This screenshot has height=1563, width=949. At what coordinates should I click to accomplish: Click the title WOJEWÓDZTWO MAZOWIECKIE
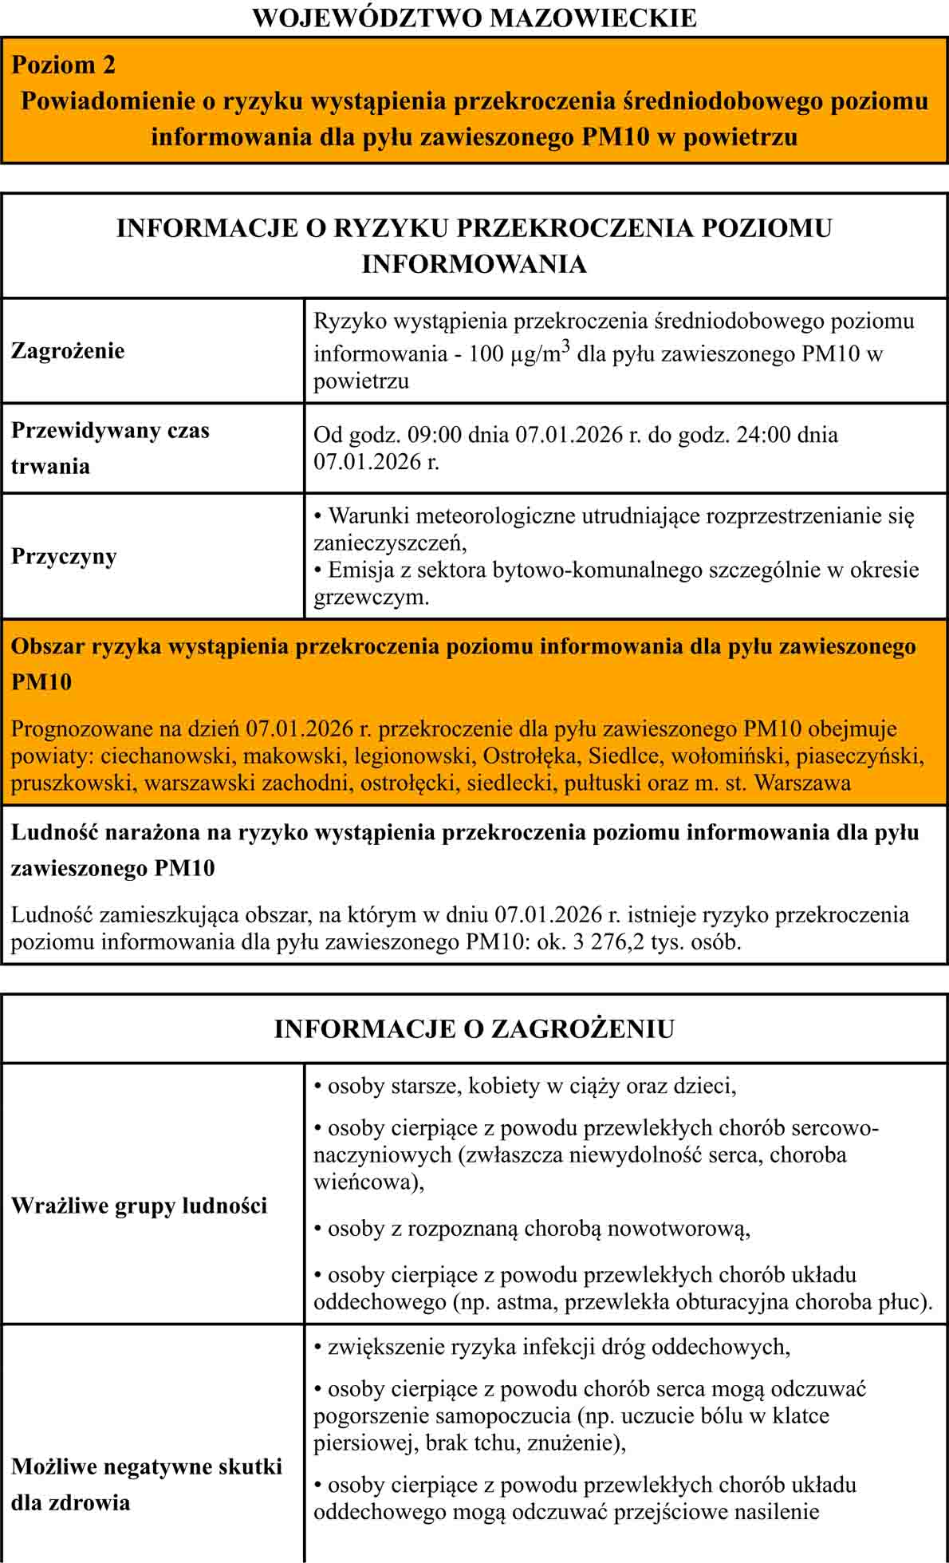pyautogui.click(x=475, y=18)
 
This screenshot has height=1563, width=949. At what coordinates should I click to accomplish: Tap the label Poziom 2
pyautogui.click(x=64, y=65)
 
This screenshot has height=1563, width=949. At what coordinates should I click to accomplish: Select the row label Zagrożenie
pyautogui.click(x=68, y=351)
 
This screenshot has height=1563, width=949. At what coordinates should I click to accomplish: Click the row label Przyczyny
pyautogui.click(x=64, y=556)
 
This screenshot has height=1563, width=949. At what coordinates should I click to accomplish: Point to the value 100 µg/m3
pyautogui.click(x=519, y=353)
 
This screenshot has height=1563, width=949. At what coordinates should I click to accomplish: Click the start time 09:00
pyautogui.click(x=435, y=435)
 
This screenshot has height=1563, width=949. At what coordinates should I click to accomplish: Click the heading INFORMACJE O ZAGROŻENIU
pyautogui.click(x=475, y=1029)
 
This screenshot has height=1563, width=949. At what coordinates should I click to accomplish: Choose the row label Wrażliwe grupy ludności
pyautogui.click(x=139, y=1206)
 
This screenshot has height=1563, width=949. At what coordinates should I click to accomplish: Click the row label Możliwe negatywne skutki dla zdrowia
pyautogui.click(x=147, y=1484)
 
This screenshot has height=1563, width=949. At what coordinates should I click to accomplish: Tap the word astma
pyautogui.click(x=522, y=1302)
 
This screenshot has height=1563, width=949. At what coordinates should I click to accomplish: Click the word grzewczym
pyautogui.click(x=371, y=598)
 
